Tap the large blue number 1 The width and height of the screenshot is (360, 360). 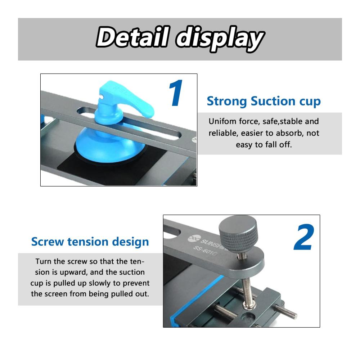pos(176,93)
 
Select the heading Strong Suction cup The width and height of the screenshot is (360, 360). pos(264,101)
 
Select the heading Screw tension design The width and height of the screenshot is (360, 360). pos(90,242)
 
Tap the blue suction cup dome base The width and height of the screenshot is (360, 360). pos(110,147)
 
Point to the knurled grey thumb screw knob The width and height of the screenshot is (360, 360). pos(238,233)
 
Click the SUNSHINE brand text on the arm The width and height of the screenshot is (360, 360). pos(212,244)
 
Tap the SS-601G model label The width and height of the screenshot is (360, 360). pos(205,251)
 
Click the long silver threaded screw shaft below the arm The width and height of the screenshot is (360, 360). pos(248,290)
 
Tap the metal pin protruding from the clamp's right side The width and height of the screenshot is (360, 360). pos(286,311)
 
